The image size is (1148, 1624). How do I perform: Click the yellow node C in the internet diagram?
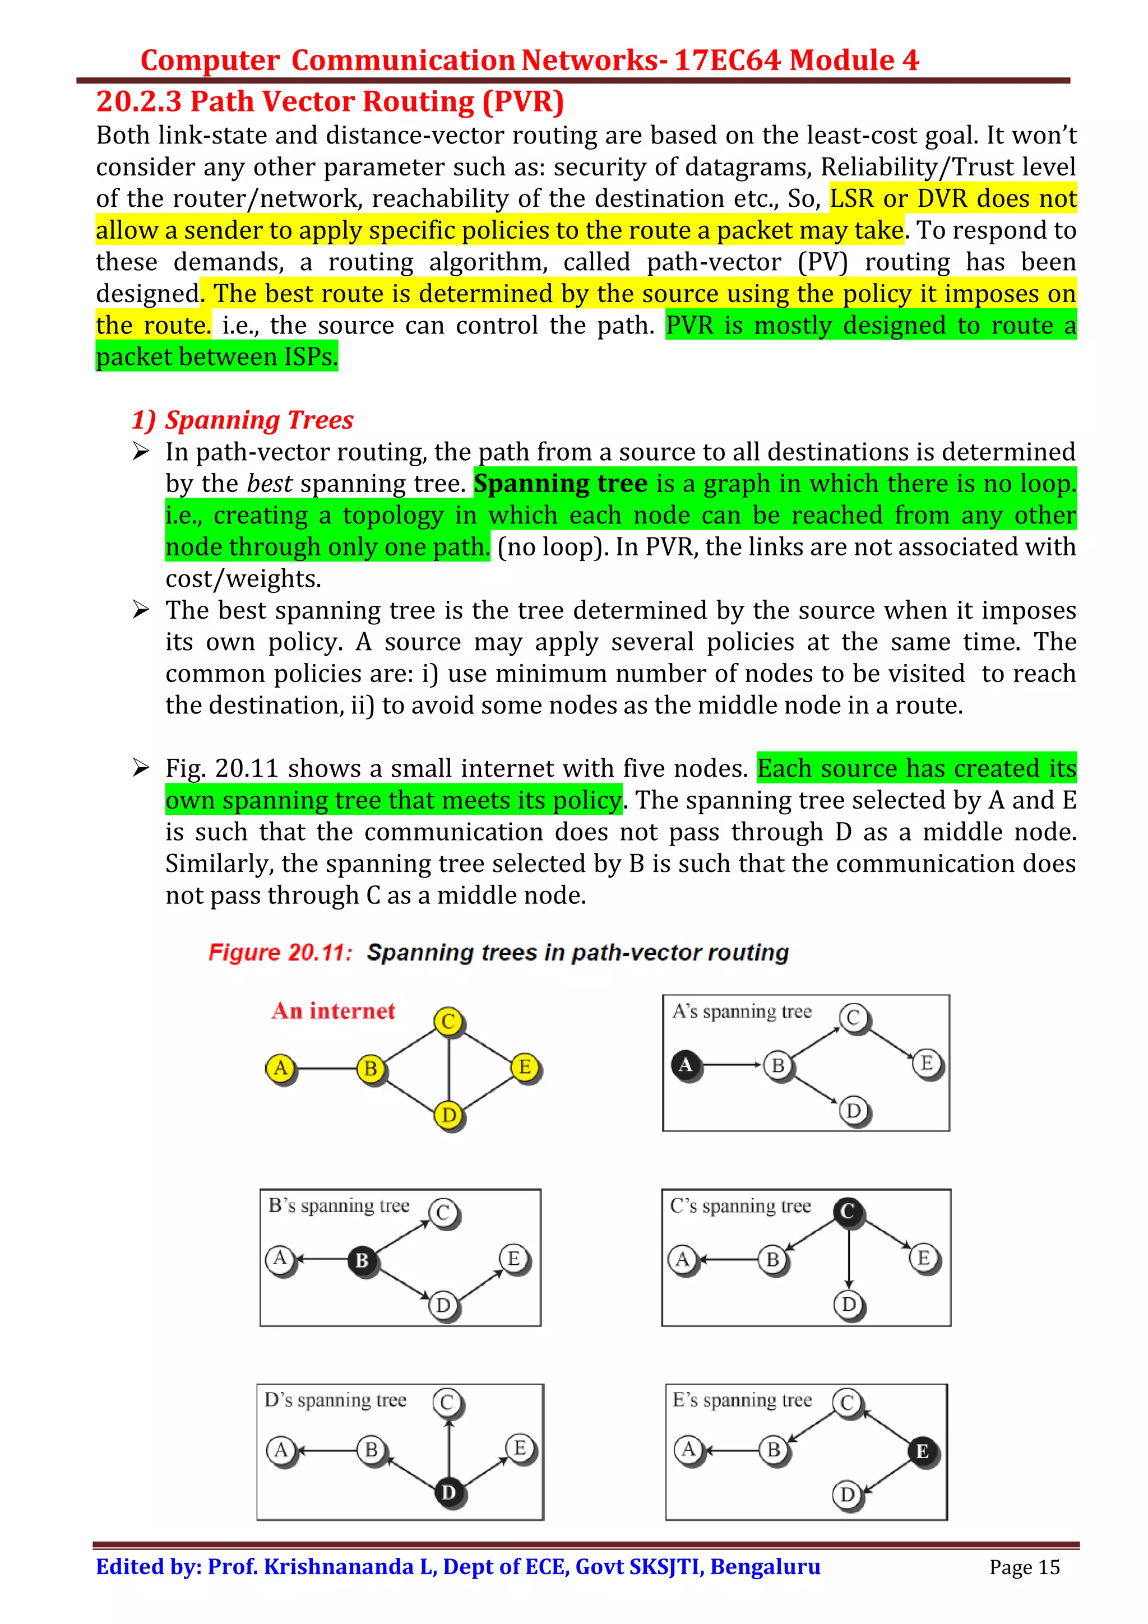point(448,1022)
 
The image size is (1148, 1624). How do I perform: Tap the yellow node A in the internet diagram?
point(281,1068)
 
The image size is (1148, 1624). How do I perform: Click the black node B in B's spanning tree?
point(362,1260)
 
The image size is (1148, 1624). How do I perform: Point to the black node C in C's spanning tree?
point(848,1212)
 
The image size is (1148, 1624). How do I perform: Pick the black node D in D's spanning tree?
point(448,1492)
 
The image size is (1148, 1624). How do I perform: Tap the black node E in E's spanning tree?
point(922,1451)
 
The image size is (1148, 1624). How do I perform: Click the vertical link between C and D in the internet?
point(448,1068)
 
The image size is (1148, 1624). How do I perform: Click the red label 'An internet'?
point(333,1011)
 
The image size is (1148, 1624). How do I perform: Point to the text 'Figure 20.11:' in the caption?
point(280,952)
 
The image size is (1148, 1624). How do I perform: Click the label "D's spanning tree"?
point(335,1400)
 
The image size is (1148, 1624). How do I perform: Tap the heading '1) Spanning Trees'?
point(243,420)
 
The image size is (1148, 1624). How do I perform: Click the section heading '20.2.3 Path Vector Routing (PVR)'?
point(330,102)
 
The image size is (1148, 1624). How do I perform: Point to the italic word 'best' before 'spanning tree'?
point(270,484)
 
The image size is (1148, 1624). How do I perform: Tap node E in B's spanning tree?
point(513,1258)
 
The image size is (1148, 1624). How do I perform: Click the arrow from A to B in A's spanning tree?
point(732,1065)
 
